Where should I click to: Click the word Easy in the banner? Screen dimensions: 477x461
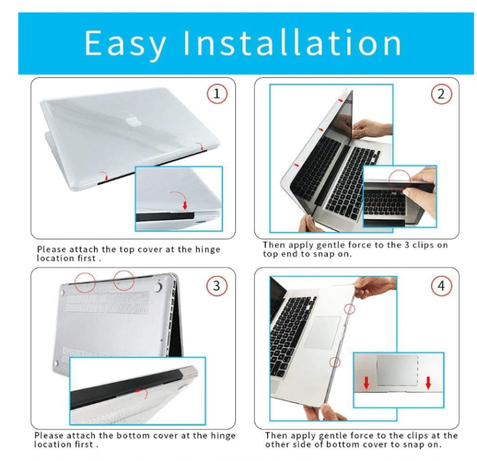point(125,43)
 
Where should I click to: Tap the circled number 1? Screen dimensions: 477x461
point(217,94)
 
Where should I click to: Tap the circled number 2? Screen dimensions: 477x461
point(441,94)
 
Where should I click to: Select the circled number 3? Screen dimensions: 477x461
point(217,286)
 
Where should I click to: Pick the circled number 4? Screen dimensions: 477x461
point(441,286)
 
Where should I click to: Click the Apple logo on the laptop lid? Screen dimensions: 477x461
point(131,120)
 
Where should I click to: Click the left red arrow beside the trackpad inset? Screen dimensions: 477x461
point(366,383)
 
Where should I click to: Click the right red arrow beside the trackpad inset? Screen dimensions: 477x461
point(429,383)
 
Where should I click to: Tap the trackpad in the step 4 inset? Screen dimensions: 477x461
point(397,370)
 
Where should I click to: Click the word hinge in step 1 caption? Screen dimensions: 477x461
point(207,249)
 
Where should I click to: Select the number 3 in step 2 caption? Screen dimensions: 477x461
point(407,245)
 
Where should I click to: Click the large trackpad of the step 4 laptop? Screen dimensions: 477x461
point(322,332)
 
